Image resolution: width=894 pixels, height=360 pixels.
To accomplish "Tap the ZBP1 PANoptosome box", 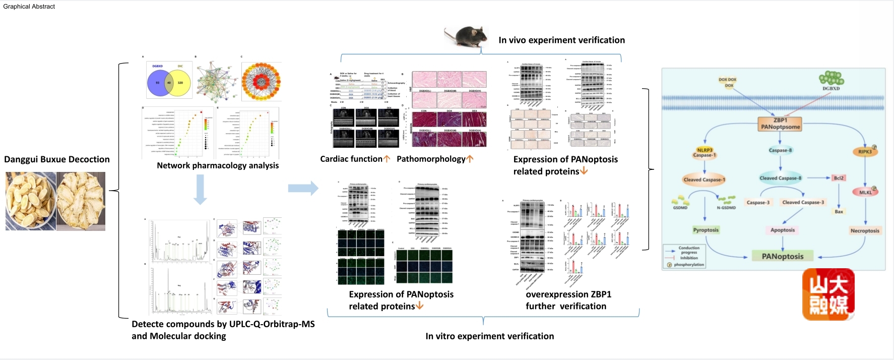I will tap(780, 124).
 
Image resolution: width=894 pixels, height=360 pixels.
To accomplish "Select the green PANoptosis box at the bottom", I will tap(783, 256).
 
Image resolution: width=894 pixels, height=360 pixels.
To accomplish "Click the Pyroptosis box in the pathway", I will tap(706, 230).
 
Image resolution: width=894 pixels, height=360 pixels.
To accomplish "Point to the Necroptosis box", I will tap(865, 230).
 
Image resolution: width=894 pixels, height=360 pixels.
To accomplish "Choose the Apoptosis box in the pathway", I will tap(783, 230).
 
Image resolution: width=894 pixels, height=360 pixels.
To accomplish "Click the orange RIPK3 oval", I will tap(865, 151).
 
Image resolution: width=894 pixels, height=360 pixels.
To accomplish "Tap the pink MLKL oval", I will tap(865, 192).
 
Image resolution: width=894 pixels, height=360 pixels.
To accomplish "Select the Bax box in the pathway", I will tap(839, 212).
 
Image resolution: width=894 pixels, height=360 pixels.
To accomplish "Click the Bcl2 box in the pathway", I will tap(839, 178).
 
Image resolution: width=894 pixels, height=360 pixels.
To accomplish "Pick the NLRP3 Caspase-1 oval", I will tap(704, 152).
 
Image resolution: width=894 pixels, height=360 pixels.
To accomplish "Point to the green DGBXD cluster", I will tap(831, 78).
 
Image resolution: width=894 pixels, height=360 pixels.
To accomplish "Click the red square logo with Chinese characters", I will tap(828, 294).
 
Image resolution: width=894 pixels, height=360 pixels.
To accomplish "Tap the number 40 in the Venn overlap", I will tap(169, 83).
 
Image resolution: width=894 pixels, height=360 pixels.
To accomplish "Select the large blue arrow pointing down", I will tap(200, 189).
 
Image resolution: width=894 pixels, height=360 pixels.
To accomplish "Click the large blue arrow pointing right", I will tap(303, 188).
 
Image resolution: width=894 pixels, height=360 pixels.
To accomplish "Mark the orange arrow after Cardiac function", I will tap(387, 159).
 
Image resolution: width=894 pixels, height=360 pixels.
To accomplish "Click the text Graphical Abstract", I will tap(29, 7).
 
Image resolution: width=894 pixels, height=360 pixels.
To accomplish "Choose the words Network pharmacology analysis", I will tap(218, 165).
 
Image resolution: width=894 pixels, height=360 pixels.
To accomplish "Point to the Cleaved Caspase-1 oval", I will tap(704, 179).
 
